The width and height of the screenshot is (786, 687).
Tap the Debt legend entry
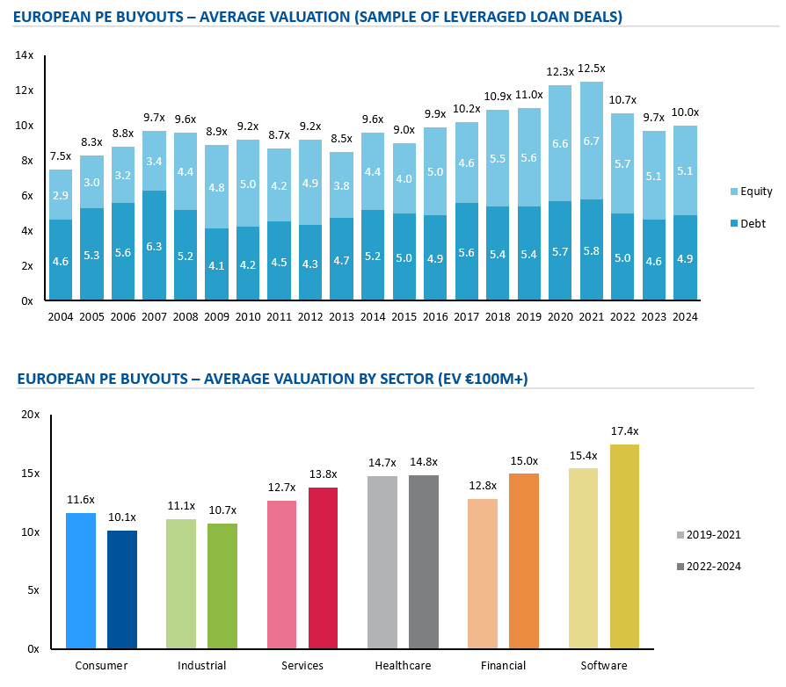pos(748,225)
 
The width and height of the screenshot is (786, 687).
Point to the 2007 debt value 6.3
pos(154,247)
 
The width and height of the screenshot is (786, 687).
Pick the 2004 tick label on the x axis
pos(60,317)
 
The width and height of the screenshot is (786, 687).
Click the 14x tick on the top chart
pos(25,55)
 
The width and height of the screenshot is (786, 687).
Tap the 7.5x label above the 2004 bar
pos(60,156)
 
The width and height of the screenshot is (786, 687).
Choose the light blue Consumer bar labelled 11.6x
pos(81,581)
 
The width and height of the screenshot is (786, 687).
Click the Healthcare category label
pos(403,666)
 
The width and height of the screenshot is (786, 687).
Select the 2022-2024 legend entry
pos(713,567)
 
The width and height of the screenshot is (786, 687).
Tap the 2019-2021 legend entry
pos(713,534)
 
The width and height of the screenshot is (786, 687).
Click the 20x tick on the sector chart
pos(31,415)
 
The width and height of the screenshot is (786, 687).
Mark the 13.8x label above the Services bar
pos(324,474)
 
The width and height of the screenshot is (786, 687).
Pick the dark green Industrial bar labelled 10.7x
pos(222,586)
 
